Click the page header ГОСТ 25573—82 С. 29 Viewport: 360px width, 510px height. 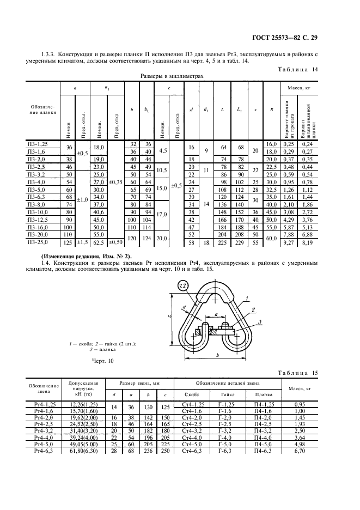click(284, 38)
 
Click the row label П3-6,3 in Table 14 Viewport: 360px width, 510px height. click(36, 197)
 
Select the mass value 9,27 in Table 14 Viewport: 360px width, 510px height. click(289, 242)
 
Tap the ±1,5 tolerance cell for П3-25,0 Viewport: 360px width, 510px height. click(82, 242)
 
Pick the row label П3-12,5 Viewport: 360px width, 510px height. click(38, 220)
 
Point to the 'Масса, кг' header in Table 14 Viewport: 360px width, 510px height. click(299, 88)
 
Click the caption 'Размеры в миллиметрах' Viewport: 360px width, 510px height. click(172, 76)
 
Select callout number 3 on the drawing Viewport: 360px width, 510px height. click(259, 322)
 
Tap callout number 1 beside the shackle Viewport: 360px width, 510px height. click(247, 298)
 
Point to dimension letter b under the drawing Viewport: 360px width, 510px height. click(217, 355)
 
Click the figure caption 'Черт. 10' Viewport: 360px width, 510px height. click(103, 361)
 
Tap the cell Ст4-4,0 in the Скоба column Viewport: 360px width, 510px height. click(192, 438)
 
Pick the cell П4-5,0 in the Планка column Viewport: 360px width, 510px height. click(264, 444)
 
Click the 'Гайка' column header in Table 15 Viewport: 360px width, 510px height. click(228, 394)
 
